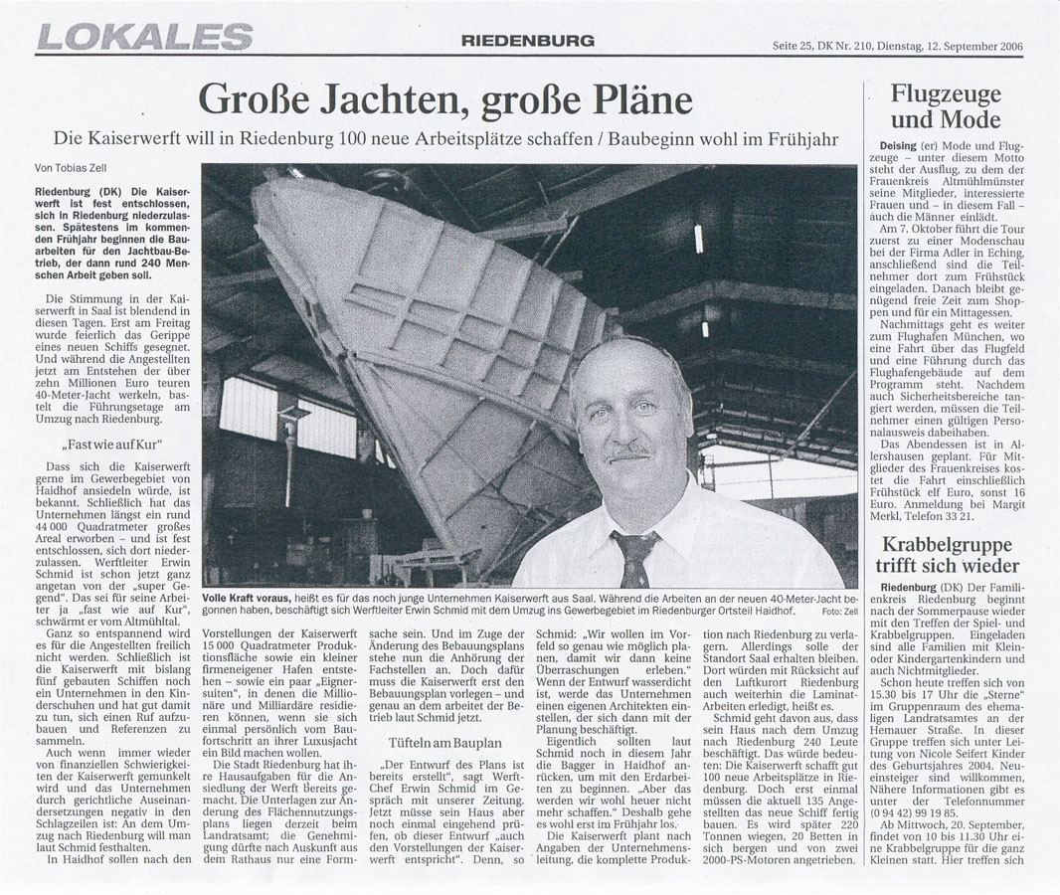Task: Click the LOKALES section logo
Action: [145, 38]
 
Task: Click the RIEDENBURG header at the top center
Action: [527, 41]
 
